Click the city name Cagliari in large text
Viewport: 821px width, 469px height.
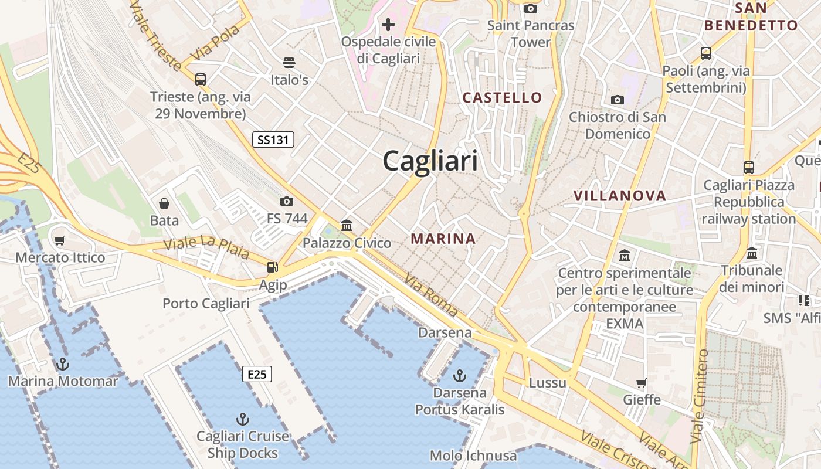tap(430, 161)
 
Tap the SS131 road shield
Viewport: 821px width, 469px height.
tap(273, 140)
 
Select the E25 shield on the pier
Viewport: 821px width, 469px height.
tap(257, 374)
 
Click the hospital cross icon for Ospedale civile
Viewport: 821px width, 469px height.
tap(388, 25)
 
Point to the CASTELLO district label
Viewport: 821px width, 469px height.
tap(503, 97)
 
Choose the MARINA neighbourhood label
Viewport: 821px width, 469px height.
tap(443, 239)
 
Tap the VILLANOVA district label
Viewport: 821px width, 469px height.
tap(620, 196)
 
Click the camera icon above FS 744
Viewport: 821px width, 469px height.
tap(287, 201)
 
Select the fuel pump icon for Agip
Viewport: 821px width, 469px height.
tap(273, 267)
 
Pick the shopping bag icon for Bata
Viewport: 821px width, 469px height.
tap(164, 203)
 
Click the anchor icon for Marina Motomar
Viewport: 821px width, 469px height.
tap(62, 364)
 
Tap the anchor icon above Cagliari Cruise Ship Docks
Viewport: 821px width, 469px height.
tap(242, 419)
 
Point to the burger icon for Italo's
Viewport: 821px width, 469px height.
tap(289, 62)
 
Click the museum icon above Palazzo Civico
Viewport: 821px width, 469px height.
tap(347, 225)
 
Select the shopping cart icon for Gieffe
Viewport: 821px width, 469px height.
tap(642, 383)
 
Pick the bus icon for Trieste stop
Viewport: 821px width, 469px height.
tap(201, 79)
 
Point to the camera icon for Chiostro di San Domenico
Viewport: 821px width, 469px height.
tap(617, 100)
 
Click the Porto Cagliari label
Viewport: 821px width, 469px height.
tap(206, 303)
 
